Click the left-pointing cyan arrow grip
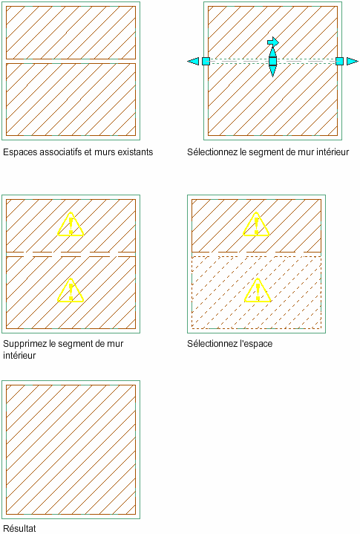(193, 62)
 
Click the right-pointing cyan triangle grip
(353, 62)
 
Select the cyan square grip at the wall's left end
(206, 62)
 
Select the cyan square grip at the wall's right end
(339, 62)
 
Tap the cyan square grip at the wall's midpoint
(272, 62)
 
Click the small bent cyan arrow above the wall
(273, 42)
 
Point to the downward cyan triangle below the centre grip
(272, 71)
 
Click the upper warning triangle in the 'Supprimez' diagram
(71, 225)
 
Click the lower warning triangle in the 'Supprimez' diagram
(71, 290)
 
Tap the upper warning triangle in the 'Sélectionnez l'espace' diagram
(256, 225)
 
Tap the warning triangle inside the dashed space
(258, 290)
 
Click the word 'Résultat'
(19, 529)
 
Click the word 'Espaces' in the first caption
(20, 152)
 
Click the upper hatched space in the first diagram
(71, 33)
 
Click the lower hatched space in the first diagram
(71, 99)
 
